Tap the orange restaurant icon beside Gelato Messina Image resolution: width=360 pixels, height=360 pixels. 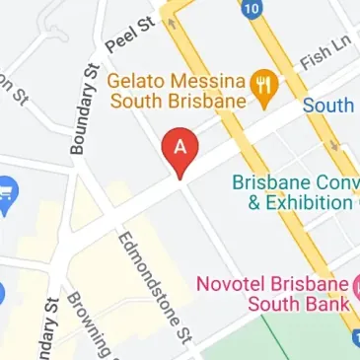coord(261,82)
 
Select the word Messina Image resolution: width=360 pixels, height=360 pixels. coord(208,80)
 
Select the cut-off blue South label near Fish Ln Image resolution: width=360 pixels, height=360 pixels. coord(329,105)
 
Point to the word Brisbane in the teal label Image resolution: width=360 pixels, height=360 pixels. coord(269,182)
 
